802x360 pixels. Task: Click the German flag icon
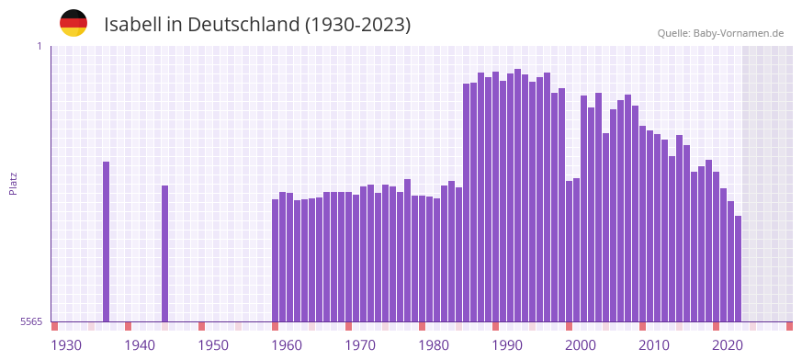73,23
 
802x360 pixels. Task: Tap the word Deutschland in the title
243,25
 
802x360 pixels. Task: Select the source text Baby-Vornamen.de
739,34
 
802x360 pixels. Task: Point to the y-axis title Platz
13,183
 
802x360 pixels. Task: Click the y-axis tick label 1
40,46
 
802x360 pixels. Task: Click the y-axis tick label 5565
31,321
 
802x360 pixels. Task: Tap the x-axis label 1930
66,345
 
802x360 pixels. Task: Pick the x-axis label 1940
140,345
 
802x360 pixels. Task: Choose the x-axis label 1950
213,345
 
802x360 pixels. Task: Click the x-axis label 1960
287,345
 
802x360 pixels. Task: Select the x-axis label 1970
360,345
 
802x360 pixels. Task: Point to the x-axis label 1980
434,345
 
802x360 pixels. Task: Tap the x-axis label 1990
507,345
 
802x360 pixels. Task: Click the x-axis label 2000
581,345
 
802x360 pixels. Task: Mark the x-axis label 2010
654,345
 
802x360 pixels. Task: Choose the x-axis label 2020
728,345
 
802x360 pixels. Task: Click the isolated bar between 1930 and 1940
106,242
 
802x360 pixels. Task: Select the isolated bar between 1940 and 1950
164,253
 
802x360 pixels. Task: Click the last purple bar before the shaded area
738,268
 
